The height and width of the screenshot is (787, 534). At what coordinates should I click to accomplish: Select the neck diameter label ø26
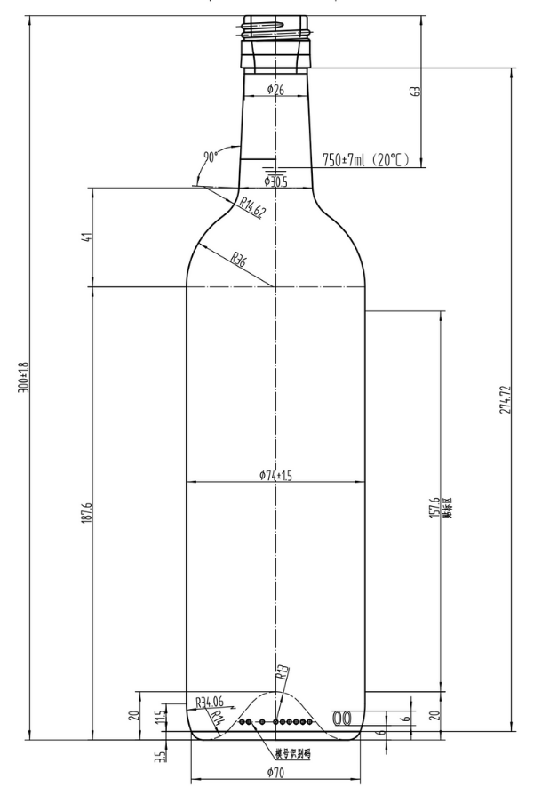tap(275, 89)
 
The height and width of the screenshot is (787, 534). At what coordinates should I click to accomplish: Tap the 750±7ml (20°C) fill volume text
tap(364, 160)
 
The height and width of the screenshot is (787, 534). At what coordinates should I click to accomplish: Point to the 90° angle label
tap(211, 157)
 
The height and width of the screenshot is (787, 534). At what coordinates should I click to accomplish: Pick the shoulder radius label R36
tap(239, 261)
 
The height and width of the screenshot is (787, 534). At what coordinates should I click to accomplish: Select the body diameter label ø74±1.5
tap(275, 476)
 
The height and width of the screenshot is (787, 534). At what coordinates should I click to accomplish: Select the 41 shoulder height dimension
tap(87, 237)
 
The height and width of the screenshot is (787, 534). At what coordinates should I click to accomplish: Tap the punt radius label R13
tap(282, 673)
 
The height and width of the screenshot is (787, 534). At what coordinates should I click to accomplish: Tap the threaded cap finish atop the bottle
tap(275, 40)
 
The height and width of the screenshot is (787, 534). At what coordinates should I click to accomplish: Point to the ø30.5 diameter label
tap(275, 181)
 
